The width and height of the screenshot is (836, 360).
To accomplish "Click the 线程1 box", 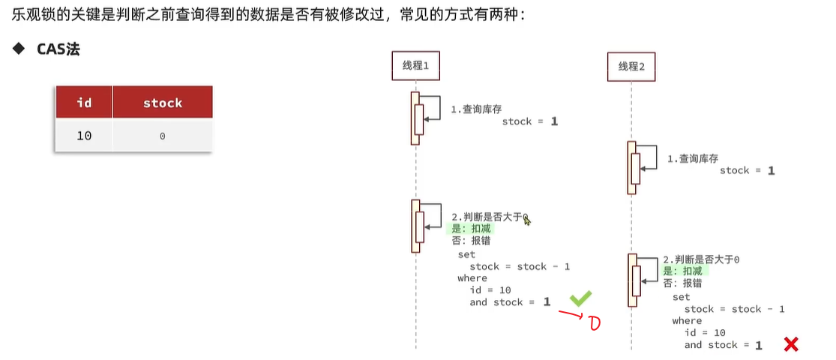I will (415, 66).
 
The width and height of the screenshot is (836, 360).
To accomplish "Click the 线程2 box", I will (631, 67).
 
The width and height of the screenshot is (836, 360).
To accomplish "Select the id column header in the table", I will (84, 103).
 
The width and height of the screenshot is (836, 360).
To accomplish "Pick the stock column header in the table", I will (163, 103).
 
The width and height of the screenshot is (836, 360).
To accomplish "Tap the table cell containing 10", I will (84, 136).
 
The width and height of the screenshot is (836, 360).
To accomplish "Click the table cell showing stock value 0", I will (163, 136).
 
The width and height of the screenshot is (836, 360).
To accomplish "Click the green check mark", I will (580, 298).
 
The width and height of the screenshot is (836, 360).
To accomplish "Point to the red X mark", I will (790, 344).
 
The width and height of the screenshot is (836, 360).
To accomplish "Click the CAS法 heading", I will (58, 49).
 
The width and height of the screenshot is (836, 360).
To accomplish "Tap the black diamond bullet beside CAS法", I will (18, 49).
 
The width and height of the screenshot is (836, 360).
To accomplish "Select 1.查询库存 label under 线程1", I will (476, 109).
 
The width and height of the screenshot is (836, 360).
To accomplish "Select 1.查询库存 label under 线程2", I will (693, 159).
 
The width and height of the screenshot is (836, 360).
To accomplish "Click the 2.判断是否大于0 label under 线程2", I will (701, 259).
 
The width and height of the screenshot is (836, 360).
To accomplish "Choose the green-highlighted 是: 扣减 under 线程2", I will (685, 271).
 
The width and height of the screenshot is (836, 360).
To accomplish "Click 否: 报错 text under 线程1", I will (470, 241).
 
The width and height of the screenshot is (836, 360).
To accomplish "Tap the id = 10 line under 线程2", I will (705, 332).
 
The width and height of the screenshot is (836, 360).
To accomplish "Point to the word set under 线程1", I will (466, 254).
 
